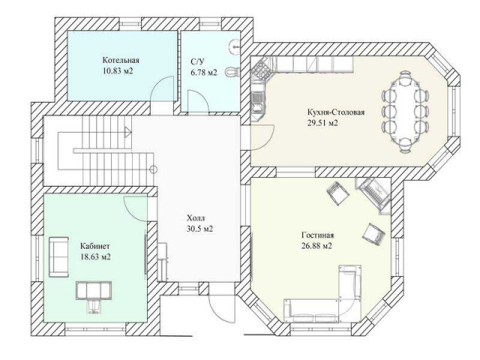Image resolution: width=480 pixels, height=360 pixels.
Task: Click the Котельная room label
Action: point(121,60)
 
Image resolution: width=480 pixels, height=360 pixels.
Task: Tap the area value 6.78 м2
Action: point(204,73)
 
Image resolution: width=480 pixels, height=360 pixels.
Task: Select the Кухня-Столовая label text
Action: point(336,112)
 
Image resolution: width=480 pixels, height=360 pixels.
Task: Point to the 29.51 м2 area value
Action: point(322,123)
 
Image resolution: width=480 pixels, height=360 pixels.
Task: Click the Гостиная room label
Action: point(317,235)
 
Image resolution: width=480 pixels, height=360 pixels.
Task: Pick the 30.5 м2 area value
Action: point(200,229)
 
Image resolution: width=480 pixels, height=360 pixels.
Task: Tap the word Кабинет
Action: point(95,246)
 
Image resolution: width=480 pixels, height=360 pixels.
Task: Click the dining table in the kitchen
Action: point(405,111)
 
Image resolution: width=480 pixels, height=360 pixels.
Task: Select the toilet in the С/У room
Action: point(232,72)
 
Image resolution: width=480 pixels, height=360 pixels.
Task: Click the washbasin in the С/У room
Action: point(235,46)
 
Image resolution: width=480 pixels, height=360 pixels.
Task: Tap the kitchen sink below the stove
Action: point(256,102)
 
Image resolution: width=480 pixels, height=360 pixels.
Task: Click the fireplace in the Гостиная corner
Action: point(374,193)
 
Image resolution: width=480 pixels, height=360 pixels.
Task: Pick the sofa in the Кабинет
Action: point(58,256)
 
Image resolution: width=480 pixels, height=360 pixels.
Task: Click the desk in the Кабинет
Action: point(93,291)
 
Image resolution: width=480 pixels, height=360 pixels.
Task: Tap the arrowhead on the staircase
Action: point(128,132)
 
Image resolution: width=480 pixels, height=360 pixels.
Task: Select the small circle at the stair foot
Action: point(154,169)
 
